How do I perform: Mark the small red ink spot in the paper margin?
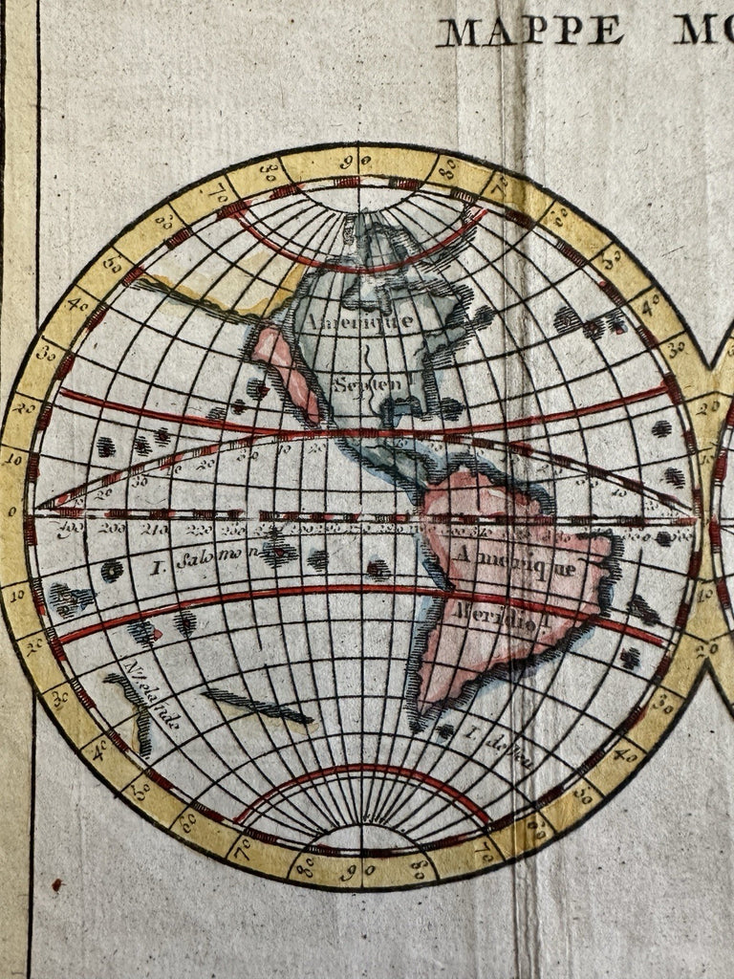coord(57,884)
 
